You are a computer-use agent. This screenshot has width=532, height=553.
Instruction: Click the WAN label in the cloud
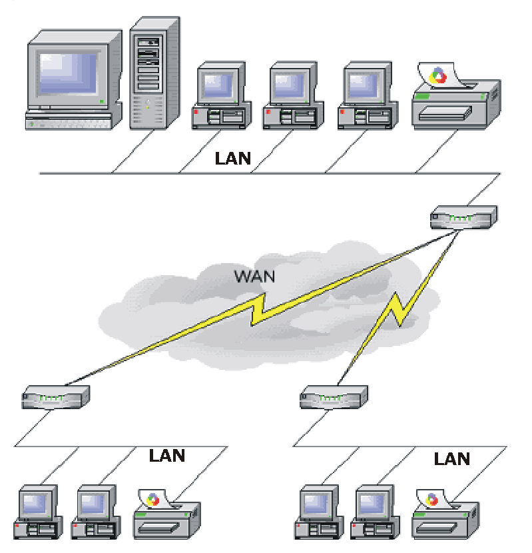254,276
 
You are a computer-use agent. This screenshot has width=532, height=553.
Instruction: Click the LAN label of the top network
232,159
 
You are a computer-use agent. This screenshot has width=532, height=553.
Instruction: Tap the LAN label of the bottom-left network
167,456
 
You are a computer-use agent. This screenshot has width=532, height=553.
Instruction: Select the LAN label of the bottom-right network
452,459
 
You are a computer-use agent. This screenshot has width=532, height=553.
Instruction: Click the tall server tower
154,73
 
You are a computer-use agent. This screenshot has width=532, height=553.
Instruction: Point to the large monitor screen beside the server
68,73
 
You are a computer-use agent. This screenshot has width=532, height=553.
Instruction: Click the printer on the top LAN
456,95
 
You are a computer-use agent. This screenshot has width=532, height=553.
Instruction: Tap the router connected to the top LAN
463,217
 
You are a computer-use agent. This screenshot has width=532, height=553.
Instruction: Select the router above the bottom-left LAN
56,397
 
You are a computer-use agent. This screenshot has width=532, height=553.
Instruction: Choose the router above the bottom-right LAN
334,397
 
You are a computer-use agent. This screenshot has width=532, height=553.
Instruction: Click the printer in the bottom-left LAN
166,514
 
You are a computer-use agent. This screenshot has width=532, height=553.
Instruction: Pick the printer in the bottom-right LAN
445,514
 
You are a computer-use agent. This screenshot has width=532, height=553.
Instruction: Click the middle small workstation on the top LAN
294,95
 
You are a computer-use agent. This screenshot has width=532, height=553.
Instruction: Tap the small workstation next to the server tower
222,95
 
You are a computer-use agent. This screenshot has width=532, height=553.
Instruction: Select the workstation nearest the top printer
368,95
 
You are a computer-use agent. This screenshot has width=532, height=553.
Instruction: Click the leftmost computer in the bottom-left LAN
38,512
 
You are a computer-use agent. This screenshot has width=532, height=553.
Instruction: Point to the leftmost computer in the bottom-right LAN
319,512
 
